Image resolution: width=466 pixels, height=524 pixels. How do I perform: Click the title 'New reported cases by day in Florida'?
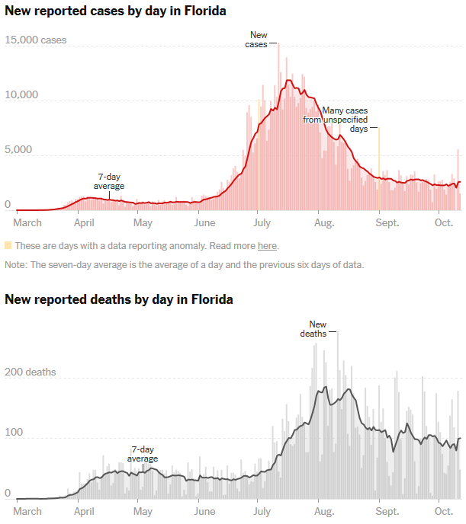pos(115,11)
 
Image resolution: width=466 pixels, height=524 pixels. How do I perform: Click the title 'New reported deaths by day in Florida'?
pos(119,299)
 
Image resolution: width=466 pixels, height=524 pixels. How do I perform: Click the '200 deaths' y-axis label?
pos(31,372)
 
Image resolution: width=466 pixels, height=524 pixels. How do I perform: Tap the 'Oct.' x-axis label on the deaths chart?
pos(445,511)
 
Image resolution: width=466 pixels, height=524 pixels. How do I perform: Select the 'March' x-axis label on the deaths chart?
pos(27,511)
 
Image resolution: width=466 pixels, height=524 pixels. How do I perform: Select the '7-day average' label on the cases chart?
pos(109,181)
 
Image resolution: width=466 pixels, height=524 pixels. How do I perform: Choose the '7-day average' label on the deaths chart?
pos(143,454)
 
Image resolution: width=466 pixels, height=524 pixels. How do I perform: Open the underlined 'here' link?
pos(267,246)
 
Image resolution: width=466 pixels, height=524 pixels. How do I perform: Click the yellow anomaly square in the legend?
pos(8,245)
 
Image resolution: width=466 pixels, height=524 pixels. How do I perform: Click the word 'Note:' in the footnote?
pos(16,264)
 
